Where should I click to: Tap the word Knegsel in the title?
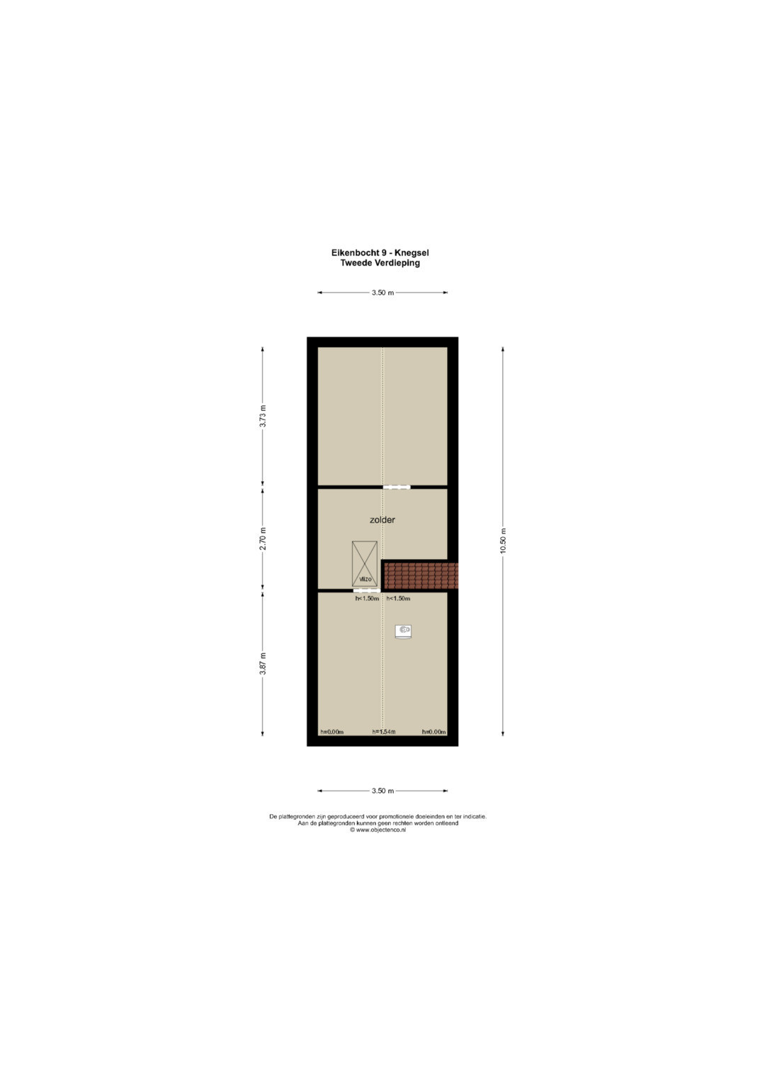click(412, 253)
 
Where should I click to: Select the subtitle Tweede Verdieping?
click(380, 264)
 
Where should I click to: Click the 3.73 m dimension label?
click(263, 416)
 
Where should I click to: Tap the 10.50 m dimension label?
click(503, 541)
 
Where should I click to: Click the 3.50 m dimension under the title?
click(382, 293)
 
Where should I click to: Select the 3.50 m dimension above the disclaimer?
click(382, 791)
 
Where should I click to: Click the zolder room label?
click(382, 520)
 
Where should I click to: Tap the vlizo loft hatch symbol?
click(365, 564)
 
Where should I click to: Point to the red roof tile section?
click(421, 576)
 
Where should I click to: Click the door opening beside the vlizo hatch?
click(367, 590)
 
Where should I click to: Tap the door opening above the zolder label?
click(397, 488)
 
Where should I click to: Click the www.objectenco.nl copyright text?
click(378, 830)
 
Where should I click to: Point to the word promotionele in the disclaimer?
click(390, 817)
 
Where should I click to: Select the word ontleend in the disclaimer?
click(448, 823)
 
